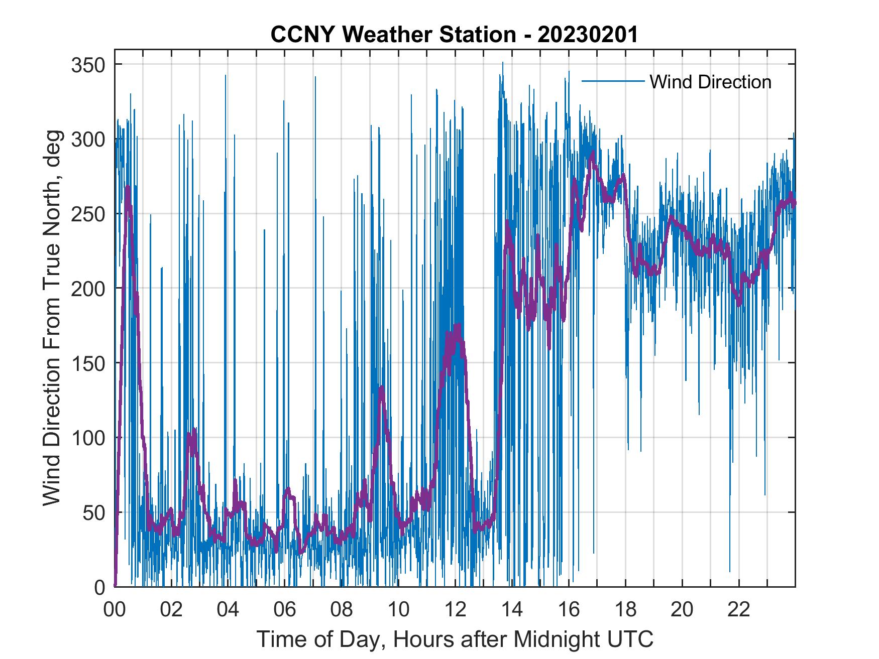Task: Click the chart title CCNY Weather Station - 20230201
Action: coord(454,35)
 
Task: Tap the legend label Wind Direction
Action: coord(710,82)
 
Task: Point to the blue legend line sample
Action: coord(613,81)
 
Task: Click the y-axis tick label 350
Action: coord(87,65)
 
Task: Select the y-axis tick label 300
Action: coord(87,139)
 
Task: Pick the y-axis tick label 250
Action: coord(87,214)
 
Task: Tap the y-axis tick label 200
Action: coord(87,289)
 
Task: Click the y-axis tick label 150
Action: coord(87,363)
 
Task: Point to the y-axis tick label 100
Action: coord(87,438)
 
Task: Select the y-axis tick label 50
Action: coord(93,512)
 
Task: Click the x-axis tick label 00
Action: coord(115,610)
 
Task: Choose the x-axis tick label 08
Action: coord(342,610)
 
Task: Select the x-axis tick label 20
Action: coord(682,610)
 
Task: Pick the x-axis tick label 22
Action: coord(739,610)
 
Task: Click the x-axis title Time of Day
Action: coord(455,639)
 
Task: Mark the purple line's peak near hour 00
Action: coord(128,187)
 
